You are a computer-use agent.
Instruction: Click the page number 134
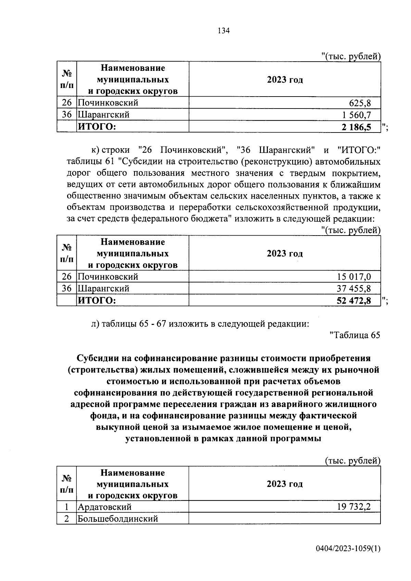pos(223,31)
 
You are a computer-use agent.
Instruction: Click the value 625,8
pos(360,103)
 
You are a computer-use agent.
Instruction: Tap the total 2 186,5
pos(356,127)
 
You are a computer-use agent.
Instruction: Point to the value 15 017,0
pos(354,276)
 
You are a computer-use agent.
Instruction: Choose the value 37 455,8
pos(354,288)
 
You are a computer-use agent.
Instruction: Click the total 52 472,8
pos(354,301)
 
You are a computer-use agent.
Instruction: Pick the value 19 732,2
pos(354,507)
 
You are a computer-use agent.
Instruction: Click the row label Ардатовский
pos(104,507)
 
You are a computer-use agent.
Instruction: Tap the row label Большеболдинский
pos(118,519)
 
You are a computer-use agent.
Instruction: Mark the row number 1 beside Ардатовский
pos(67,507)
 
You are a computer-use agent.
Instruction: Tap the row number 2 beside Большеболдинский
pos(67,519)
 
